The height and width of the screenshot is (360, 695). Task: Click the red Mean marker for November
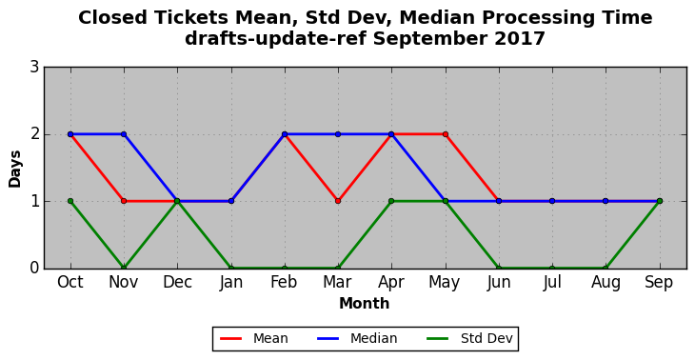coord(124,201)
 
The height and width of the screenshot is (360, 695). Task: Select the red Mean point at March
coord(338,201)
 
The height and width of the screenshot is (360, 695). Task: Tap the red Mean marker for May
coord(446,134)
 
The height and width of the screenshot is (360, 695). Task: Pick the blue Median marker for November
coord(124,134)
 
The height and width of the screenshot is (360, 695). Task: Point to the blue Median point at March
coord(338,134)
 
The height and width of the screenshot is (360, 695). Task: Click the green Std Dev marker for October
coord(70,201)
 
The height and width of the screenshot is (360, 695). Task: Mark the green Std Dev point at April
coord(391,201)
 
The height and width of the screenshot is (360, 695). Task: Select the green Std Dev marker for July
coord(552,268)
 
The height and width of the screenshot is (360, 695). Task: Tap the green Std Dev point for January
coord(231,268)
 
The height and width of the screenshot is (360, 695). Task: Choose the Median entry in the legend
coord(357,339)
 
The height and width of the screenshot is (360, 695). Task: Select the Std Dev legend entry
coord(469,339)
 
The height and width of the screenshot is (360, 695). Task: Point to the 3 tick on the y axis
coord(34,68)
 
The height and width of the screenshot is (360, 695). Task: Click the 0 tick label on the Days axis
coord(34,269)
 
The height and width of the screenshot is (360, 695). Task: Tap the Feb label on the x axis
coord(284,282)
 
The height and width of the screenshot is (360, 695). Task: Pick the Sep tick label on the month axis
coord(659,283)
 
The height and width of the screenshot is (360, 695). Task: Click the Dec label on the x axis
coord(177,282)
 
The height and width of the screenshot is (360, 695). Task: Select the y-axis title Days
coord(15,169)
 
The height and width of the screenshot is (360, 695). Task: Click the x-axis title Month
coord(365,304)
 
